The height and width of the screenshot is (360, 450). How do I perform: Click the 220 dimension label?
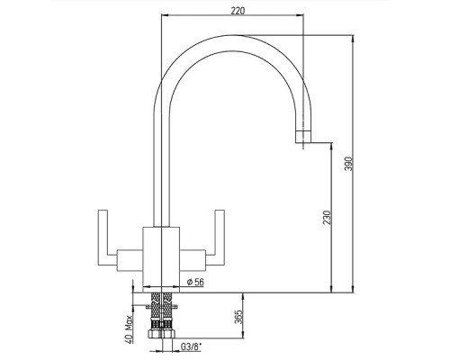(x=238, y=11)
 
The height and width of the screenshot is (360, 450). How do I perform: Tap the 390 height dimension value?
(x=348, y=164)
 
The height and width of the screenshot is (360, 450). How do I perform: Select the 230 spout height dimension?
(x=327, y=218)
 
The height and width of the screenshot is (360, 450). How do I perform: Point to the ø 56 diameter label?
(x=195, y=282)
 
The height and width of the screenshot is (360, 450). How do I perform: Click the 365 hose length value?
(x=237, y=317)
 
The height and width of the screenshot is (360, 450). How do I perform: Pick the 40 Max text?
(x=129, y=329)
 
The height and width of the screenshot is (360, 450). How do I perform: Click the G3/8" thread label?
(x=191, y=347)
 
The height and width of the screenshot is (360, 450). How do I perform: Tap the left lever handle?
(x=103, y=238)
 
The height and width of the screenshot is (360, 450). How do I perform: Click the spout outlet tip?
(x=303, y=137)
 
